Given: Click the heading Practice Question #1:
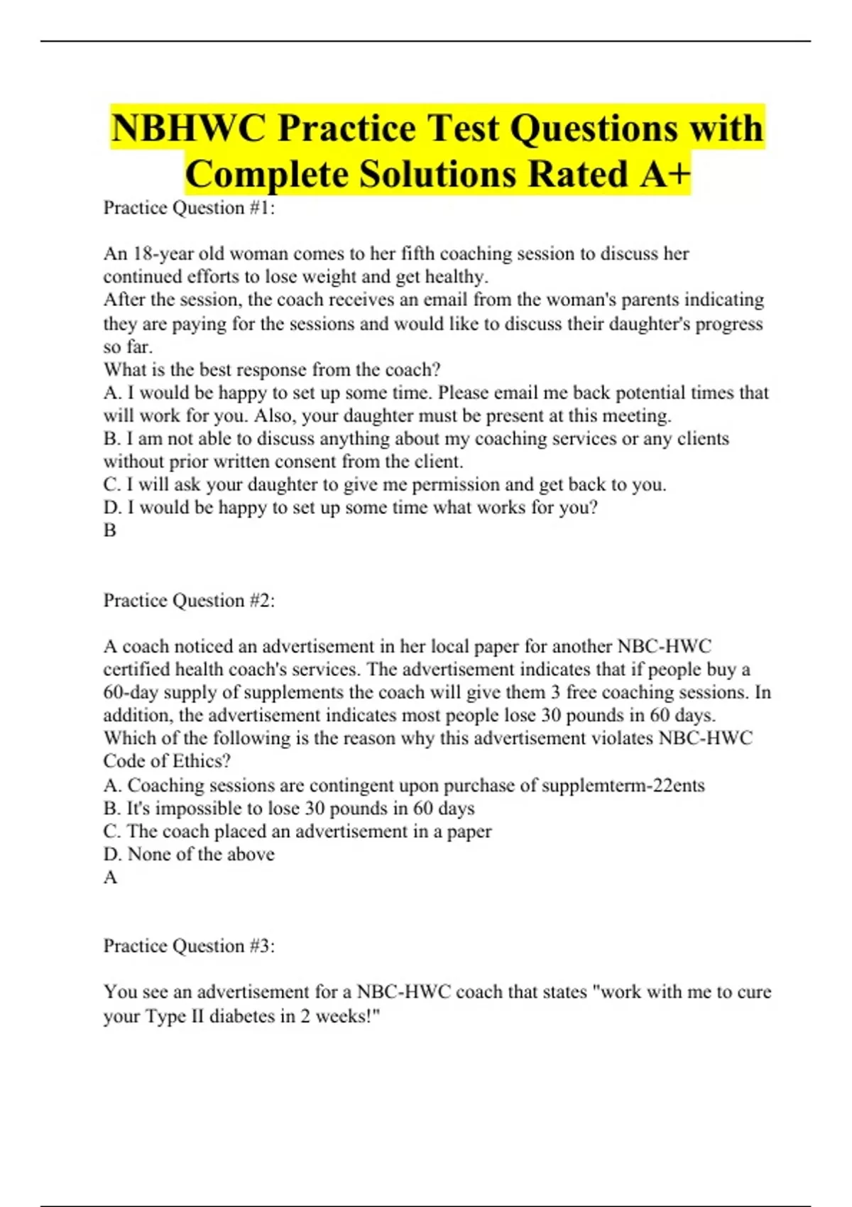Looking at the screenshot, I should pyautogui.click(x=189, y=208).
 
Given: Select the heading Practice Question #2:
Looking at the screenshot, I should pyautogui.click(x=189, y=601).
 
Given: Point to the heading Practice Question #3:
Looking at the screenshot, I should pyautogui.click(x=189, y=946).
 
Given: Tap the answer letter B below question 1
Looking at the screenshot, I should pyautogui.click(x=110, y=530).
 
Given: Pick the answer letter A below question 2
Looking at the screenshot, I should pyautogui.click(x=110, y=878).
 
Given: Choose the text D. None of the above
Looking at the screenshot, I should pyautogui.click(x=189, y=854).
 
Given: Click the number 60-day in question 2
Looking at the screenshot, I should pyautogui.click(x=131, y=693).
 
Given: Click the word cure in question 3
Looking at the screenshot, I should pyautogui.click(x=754, y=992).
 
